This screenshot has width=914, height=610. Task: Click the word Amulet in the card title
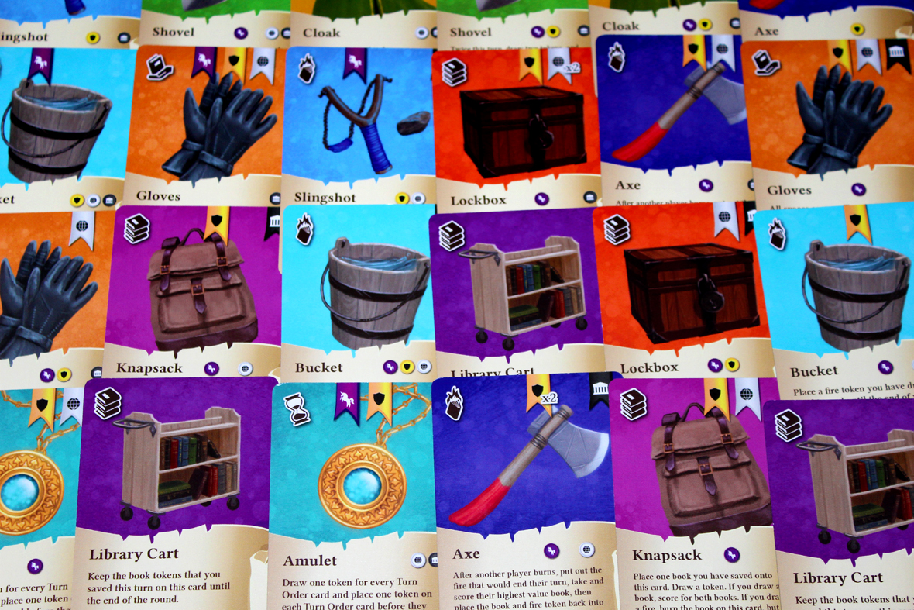click(310, 560)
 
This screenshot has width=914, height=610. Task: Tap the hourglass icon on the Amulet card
click(297, 409)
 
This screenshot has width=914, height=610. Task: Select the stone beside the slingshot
click(413, 122)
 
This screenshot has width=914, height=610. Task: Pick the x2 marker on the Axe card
click(549, 398)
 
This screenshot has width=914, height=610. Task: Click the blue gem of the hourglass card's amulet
click(362, 486)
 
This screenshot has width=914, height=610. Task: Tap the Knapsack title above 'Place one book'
click(666, 555)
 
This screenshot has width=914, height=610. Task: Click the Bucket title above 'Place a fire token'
click(813, 371)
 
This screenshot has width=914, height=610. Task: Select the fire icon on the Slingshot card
click(307, 68)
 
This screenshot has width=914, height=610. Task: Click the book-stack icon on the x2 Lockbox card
click(455, 72)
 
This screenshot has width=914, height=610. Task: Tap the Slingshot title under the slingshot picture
click(325, 198)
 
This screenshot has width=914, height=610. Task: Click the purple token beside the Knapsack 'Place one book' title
click(731, 555)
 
